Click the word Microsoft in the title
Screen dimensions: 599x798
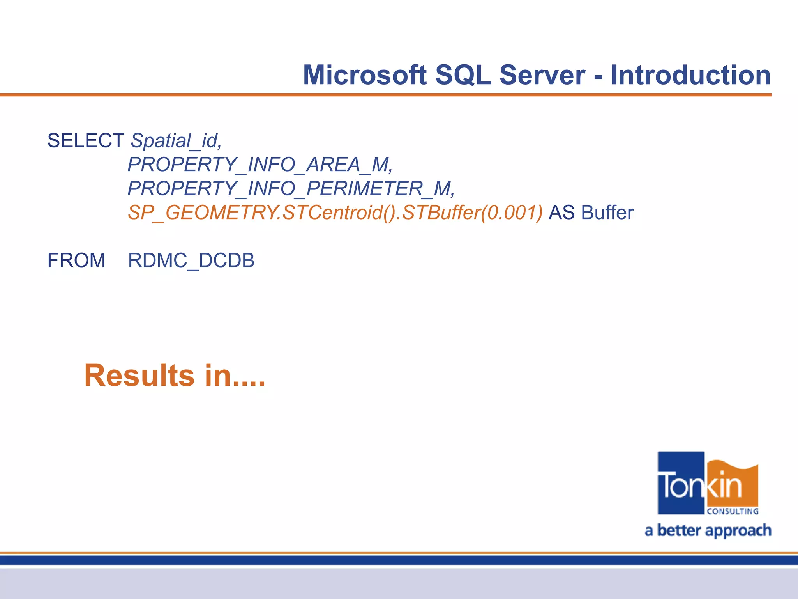[x=365, y=75]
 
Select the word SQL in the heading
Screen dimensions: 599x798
[x=463, y=75]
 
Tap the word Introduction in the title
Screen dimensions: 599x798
[x=690, y=75]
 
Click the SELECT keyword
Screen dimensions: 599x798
[x=86, y=140]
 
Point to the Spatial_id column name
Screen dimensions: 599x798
[x=176, y=141]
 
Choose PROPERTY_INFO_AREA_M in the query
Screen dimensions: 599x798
[x=260, y=165]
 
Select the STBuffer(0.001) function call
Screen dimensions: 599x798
[x=472, y=213]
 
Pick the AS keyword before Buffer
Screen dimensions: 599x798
[x=561, y=213]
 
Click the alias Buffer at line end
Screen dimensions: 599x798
[x=607, y=213]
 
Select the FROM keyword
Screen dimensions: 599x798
[x=76, y=261]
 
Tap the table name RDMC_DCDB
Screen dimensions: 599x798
[x=191, y=261]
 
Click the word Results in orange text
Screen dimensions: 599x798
[x=139, y=376]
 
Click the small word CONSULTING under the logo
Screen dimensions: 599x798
[x=733, y=511]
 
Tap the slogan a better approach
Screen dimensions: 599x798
[x=708, y=531]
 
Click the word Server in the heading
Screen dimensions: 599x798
[x=542, y=75]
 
